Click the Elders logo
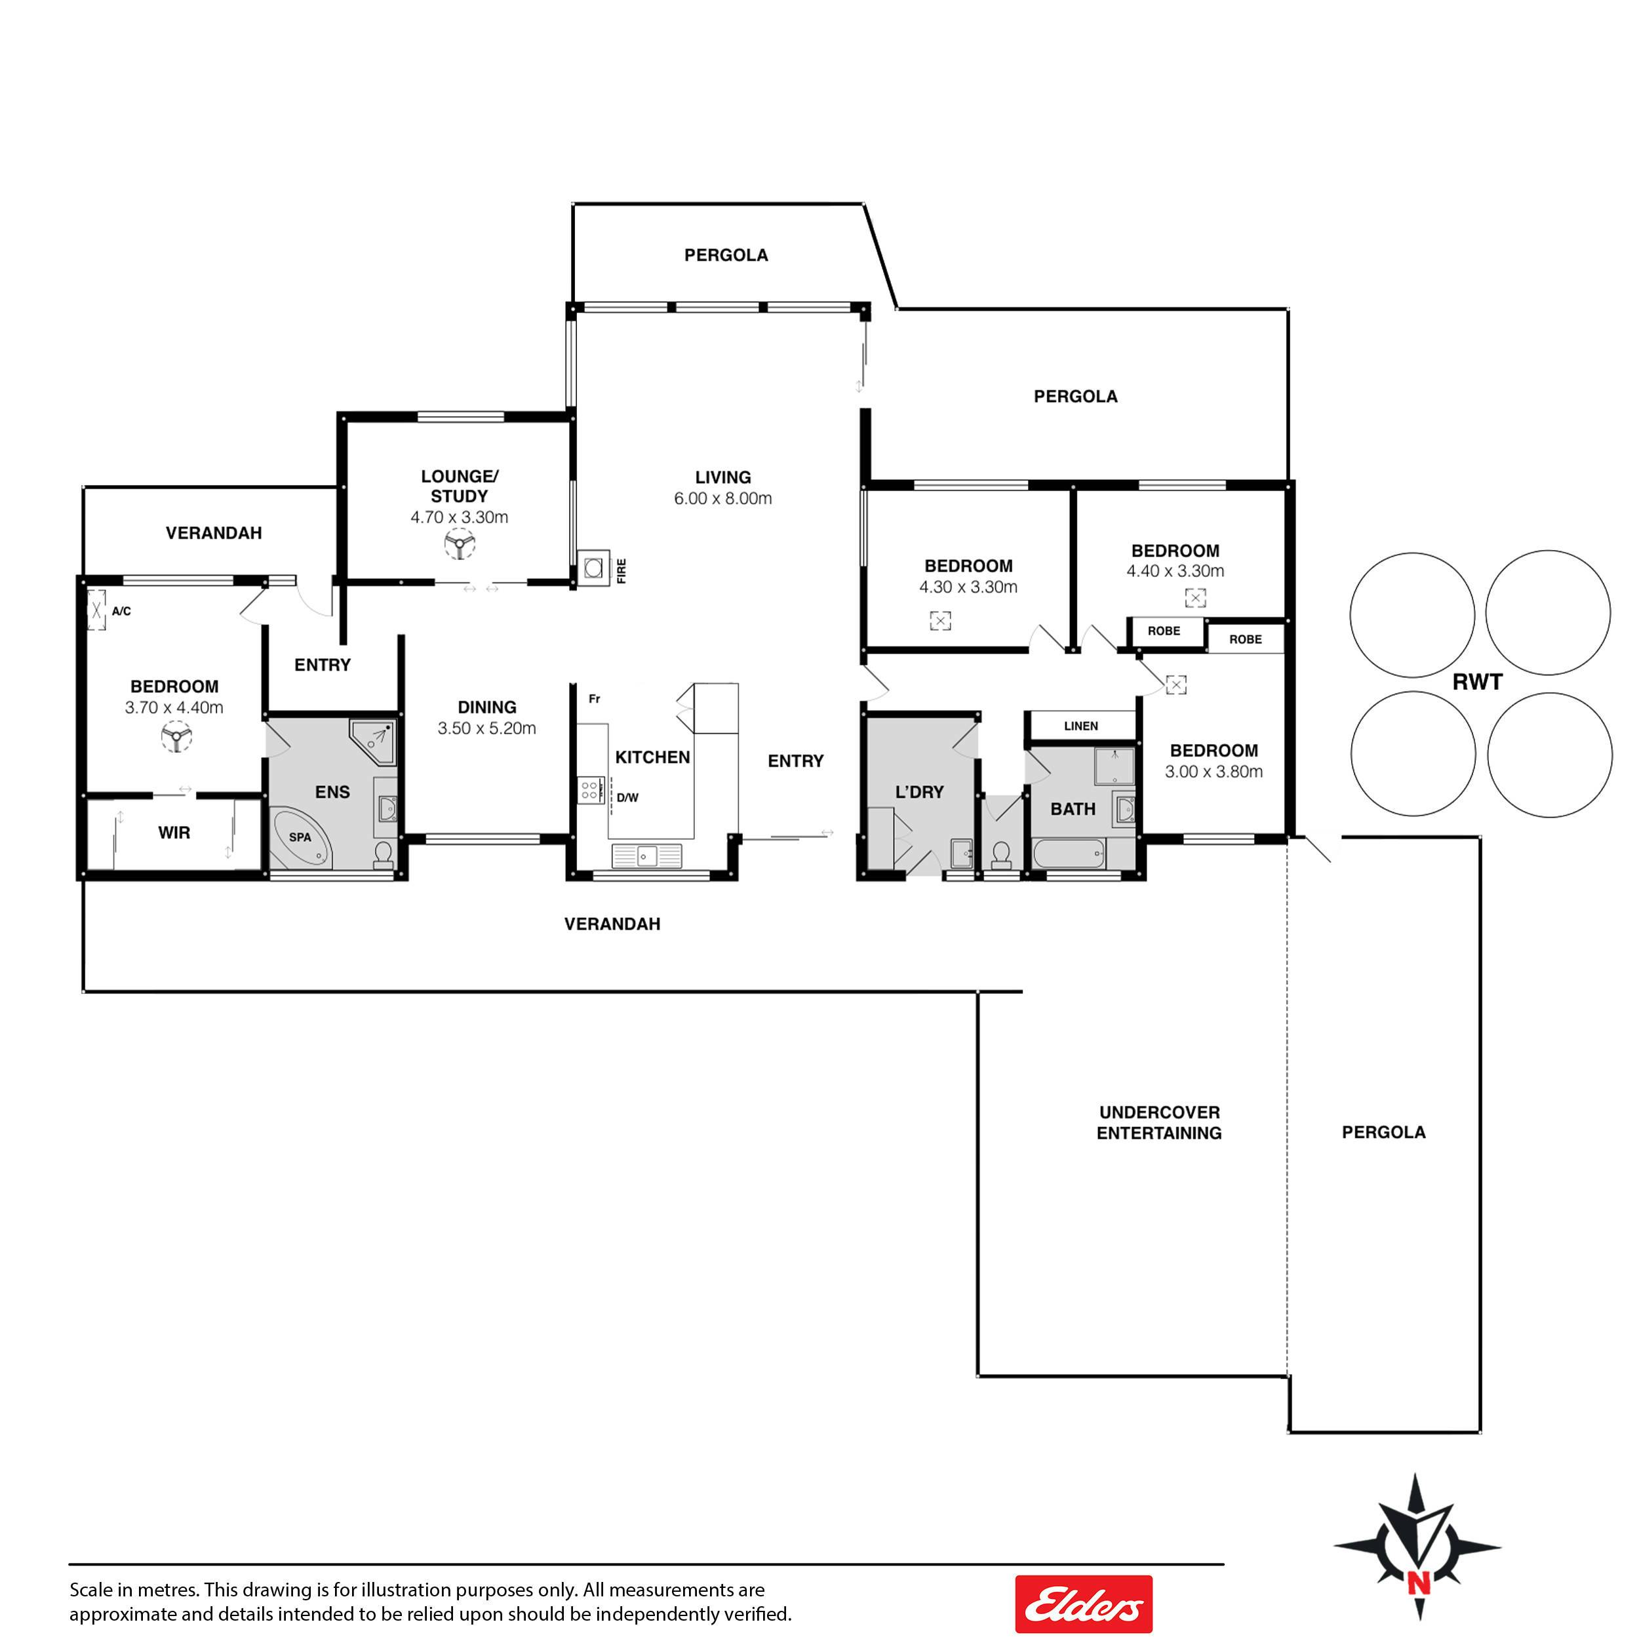[x=1083, y=1604]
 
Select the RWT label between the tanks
[x=1477, y=682]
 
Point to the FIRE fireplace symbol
[x=594, y=568]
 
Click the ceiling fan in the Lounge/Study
[x=460, y=543]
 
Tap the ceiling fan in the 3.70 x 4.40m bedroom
[x=176, y=736]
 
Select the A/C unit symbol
[x=97, y=610]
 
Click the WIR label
[x=174, y=833]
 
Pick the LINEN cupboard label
[x=1081, y=726]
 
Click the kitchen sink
[x=646, y=856]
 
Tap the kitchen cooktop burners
[x=589, y=791]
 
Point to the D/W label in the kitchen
[x=628, y=797]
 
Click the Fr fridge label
[x=595, y=699]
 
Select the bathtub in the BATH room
[x=1069, y=852]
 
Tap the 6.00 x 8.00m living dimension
[x=722, y=499]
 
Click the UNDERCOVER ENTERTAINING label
[x=1159, y=1122]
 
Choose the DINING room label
[x=487, y=707]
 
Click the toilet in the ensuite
[x=384, y=854]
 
